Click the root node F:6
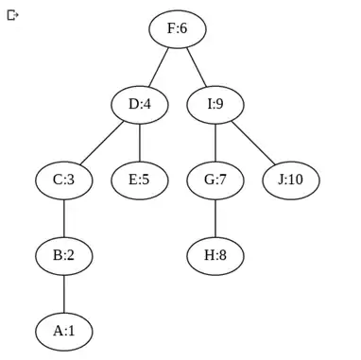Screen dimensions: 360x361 click(178, 28)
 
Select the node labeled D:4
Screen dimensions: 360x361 click(140, 104)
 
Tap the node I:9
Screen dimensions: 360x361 click(215, 104)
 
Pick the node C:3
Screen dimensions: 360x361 click(64, 180)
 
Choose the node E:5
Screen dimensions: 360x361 click(140, 180)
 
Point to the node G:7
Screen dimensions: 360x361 click(215, 180)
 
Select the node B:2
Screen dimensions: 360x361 click(64, 255)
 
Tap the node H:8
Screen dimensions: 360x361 click(215, 255)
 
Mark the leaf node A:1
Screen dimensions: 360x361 click(64, 331)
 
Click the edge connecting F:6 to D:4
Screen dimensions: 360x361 click(159, 66)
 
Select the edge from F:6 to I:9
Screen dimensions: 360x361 click(197, 66)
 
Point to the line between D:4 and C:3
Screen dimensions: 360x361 click(102, 142)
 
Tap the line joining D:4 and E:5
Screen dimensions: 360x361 click(140, 142)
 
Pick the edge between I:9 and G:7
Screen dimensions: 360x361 click(215, 142)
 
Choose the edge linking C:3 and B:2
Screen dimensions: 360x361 click(64, 217)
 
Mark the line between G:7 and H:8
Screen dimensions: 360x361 click(215, 217)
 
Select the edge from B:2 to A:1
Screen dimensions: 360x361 click(64, 293)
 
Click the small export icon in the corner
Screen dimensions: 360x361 click(12, 15)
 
